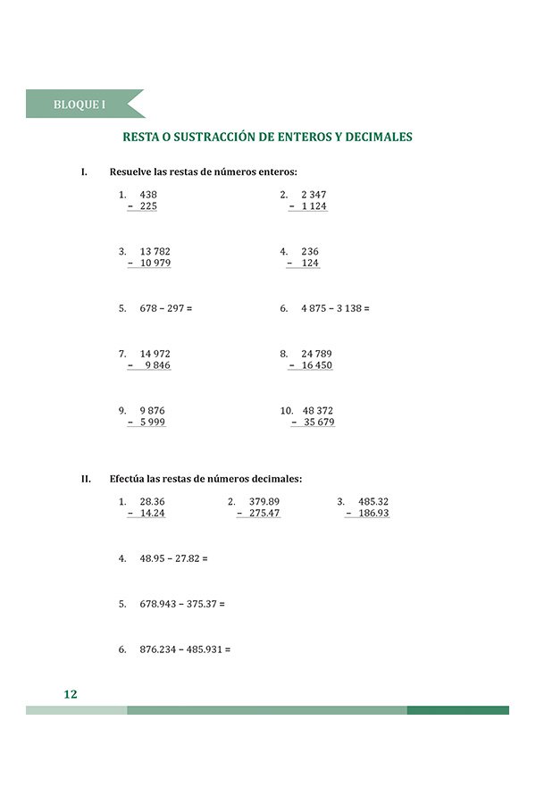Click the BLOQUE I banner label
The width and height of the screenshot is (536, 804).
point(80,105)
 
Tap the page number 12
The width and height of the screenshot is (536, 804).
point(71,694)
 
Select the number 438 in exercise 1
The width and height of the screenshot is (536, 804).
point(148,194)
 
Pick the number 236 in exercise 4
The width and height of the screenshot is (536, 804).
point(310,252)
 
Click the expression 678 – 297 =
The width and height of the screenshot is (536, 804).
point(166,308)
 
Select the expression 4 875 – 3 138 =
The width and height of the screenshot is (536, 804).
point(335,308)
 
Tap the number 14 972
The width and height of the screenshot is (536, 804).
point(155,354)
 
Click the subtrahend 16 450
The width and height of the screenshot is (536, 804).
point(317,365)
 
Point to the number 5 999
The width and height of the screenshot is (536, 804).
point(153,423)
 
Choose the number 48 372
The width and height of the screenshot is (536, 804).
point(318,411)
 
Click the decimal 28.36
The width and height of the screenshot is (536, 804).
point(153,502)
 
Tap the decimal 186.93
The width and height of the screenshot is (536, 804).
point(373,514)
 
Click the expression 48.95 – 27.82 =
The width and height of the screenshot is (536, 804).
point(173,558)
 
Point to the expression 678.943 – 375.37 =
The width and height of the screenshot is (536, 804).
point(182,604)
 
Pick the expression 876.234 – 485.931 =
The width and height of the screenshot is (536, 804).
point(185,649)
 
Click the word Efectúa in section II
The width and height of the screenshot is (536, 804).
point(127,479)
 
